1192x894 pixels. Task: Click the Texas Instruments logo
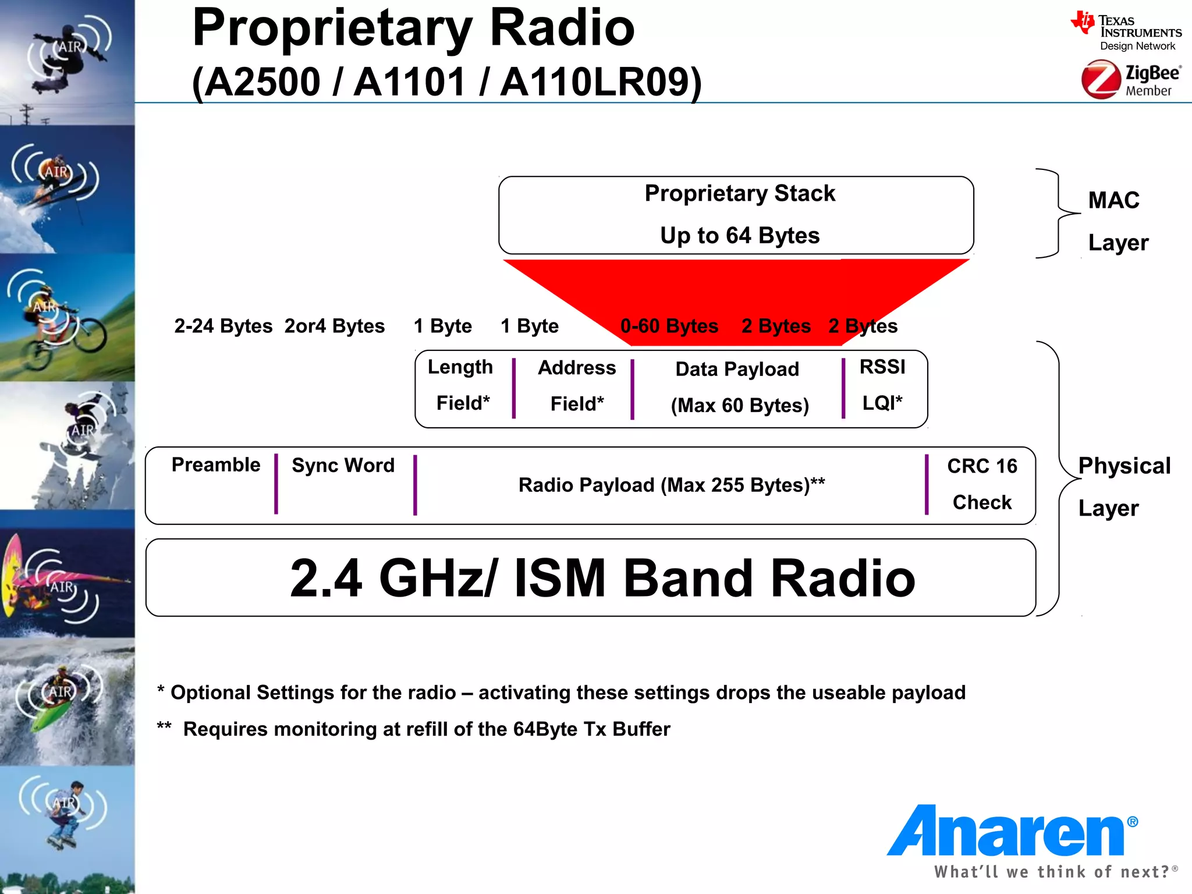pyautogui.click(x=1126, y=31)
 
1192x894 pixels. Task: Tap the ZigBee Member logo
pyautogui.click(x=1131, y=80)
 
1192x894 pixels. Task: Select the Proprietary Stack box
pyautogui.click(x=736, y=215)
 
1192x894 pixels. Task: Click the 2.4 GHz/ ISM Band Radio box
pyautogui.click(x=590, y=577)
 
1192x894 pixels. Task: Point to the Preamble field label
pyautogui.click(x=215, y=465)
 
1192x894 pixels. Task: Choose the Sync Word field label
pyautogui.click(x=343, y=466)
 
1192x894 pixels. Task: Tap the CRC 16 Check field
pyautogui.click(x=982, y=484)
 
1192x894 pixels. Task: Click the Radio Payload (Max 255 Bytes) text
pyautogui.click(x=671, y=485)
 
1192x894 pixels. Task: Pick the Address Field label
pyautogui.click(x=576, y=385)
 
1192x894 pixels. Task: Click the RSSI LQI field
pyautogui.click(x=882, y=385)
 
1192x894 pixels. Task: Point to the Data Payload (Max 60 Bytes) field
pyautogui.click(x=739, y=387)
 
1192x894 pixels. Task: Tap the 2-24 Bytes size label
pyautogui.click(x=223, y=326)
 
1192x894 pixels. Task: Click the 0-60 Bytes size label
pyautogui.click(x=669, y=326)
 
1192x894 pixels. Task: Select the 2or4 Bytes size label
pyautogui.click(x=335, y=326)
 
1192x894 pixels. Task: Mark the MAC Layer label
pyautogui.click(x=1117, y=221)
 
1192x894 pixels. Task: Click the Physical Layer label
pyautogui.click(x=1123, y=487)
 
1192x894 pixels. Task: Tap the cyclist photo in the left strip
pyautogui.click(x=67, y=318)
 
